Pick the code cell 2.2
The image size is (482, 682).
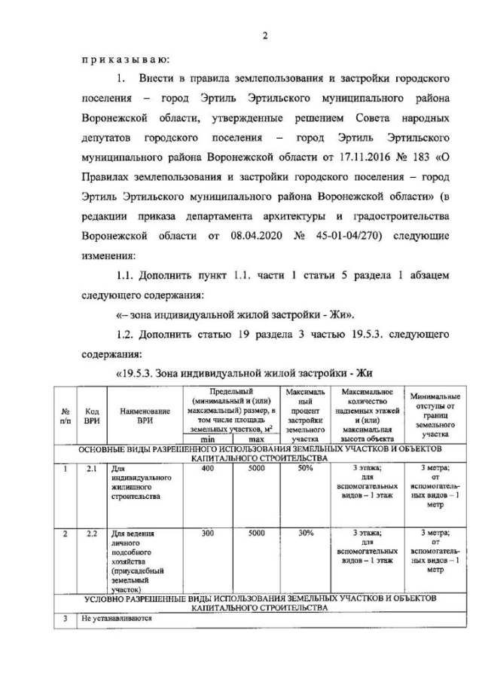(x=92, y=534)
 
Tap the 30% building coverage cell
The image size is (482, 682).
(x=305, y=534)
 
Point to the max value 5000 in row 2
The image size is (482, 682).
(x=256, y=534)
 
